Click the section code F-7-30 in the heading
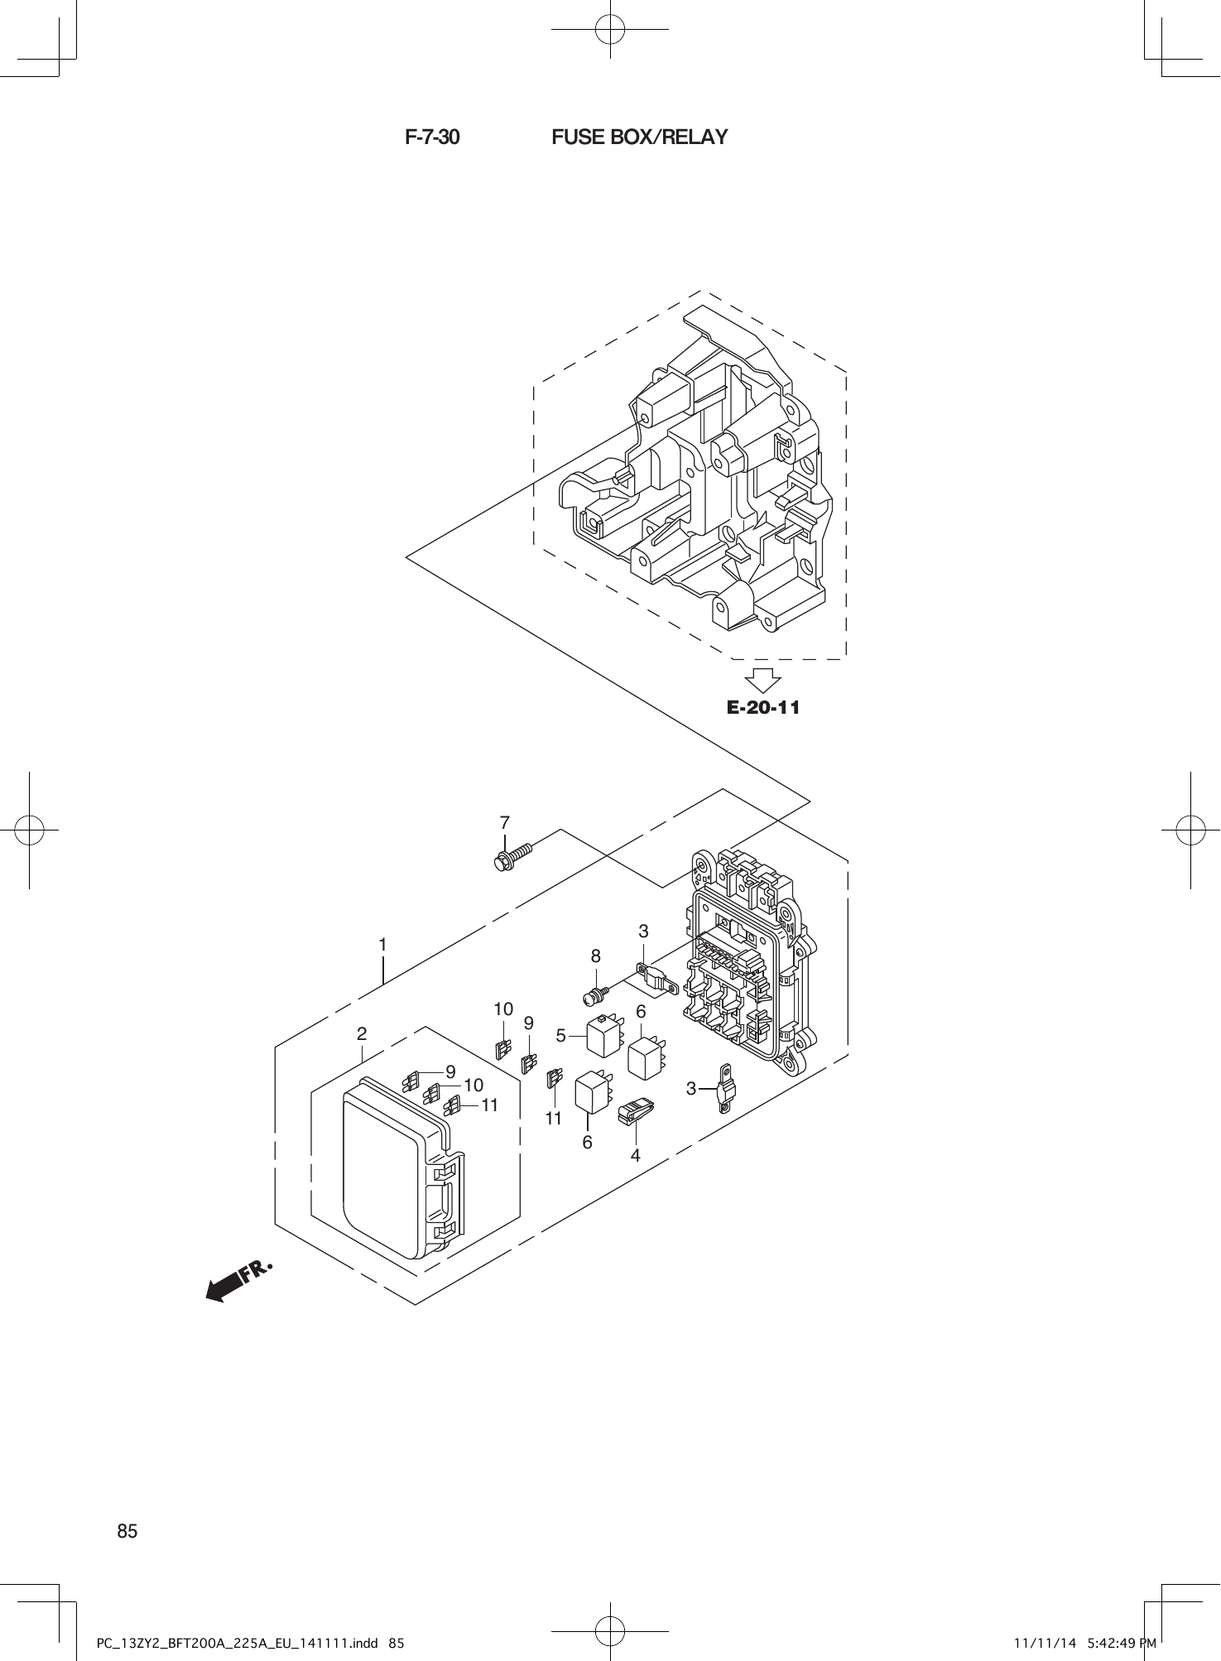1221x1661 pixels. pos(432,137)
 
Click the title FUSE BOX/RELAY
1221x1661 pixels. pos(639,137)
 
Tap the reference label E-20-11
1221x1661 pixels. pos(763,708)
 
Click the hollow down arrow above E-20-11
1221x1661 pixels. pos(762,680)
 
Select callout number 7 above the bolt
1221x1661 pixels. pos(504,823)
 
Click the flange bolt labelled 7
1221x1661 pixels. pos(512,855)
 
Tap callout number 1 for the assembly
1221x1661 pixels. pos(383,944)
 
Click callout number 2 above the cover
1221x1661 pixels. pos(362,1033)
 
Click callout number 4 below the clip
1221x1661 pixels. pos(635,1155)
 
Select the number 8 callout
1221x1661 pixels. pos(595,956)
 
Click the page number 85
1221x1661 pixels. pos(127,1532)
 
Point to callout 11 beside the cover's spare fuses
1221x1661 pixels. pos(489,1105)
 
